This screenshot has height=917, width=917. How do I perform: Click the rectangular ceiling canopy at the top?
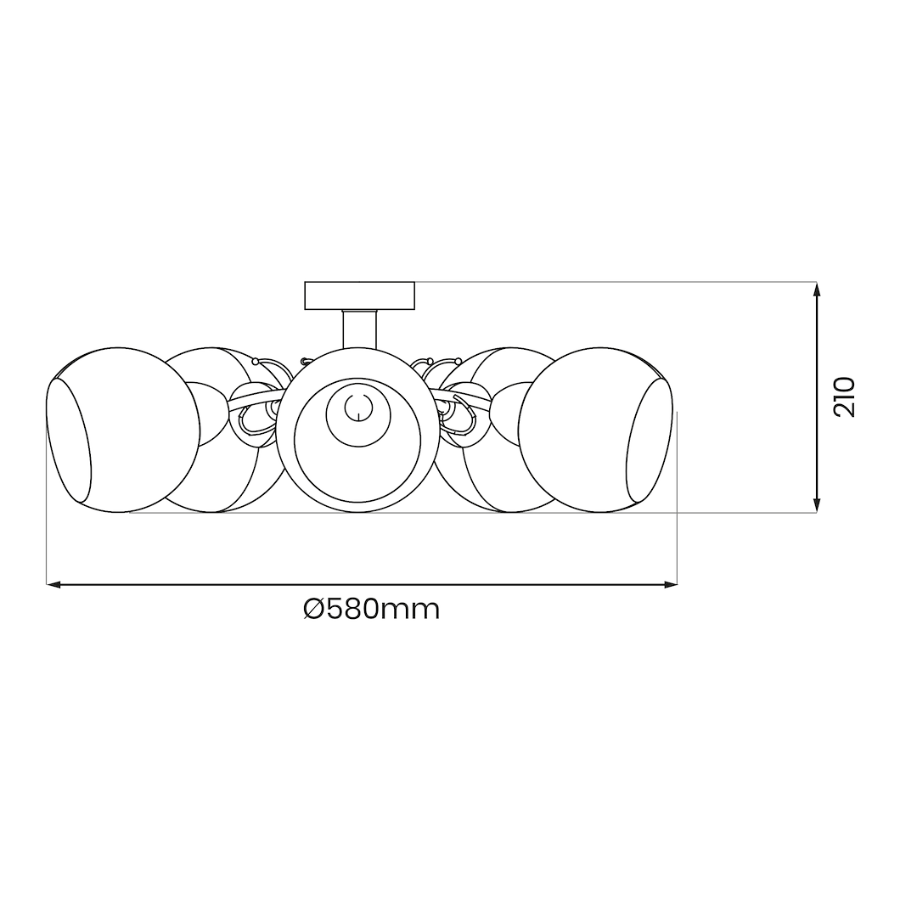tap(360, 295)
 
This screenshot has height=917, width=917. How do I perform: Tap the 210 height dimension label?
tap(845, 397)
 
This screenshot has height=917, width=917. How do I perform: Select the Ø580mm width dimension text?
tap(372, 609)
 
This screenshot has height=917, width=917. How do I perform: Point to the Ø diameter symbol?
tap(315, 609)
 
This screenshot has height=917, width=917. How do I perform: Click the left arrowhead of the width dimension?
tap(53, 584)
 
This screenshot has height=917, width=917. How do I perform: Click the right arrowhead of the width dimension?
tap(671, 584)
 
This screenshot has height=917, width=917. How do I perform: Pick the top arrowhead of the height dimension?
tap(817, 289)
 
